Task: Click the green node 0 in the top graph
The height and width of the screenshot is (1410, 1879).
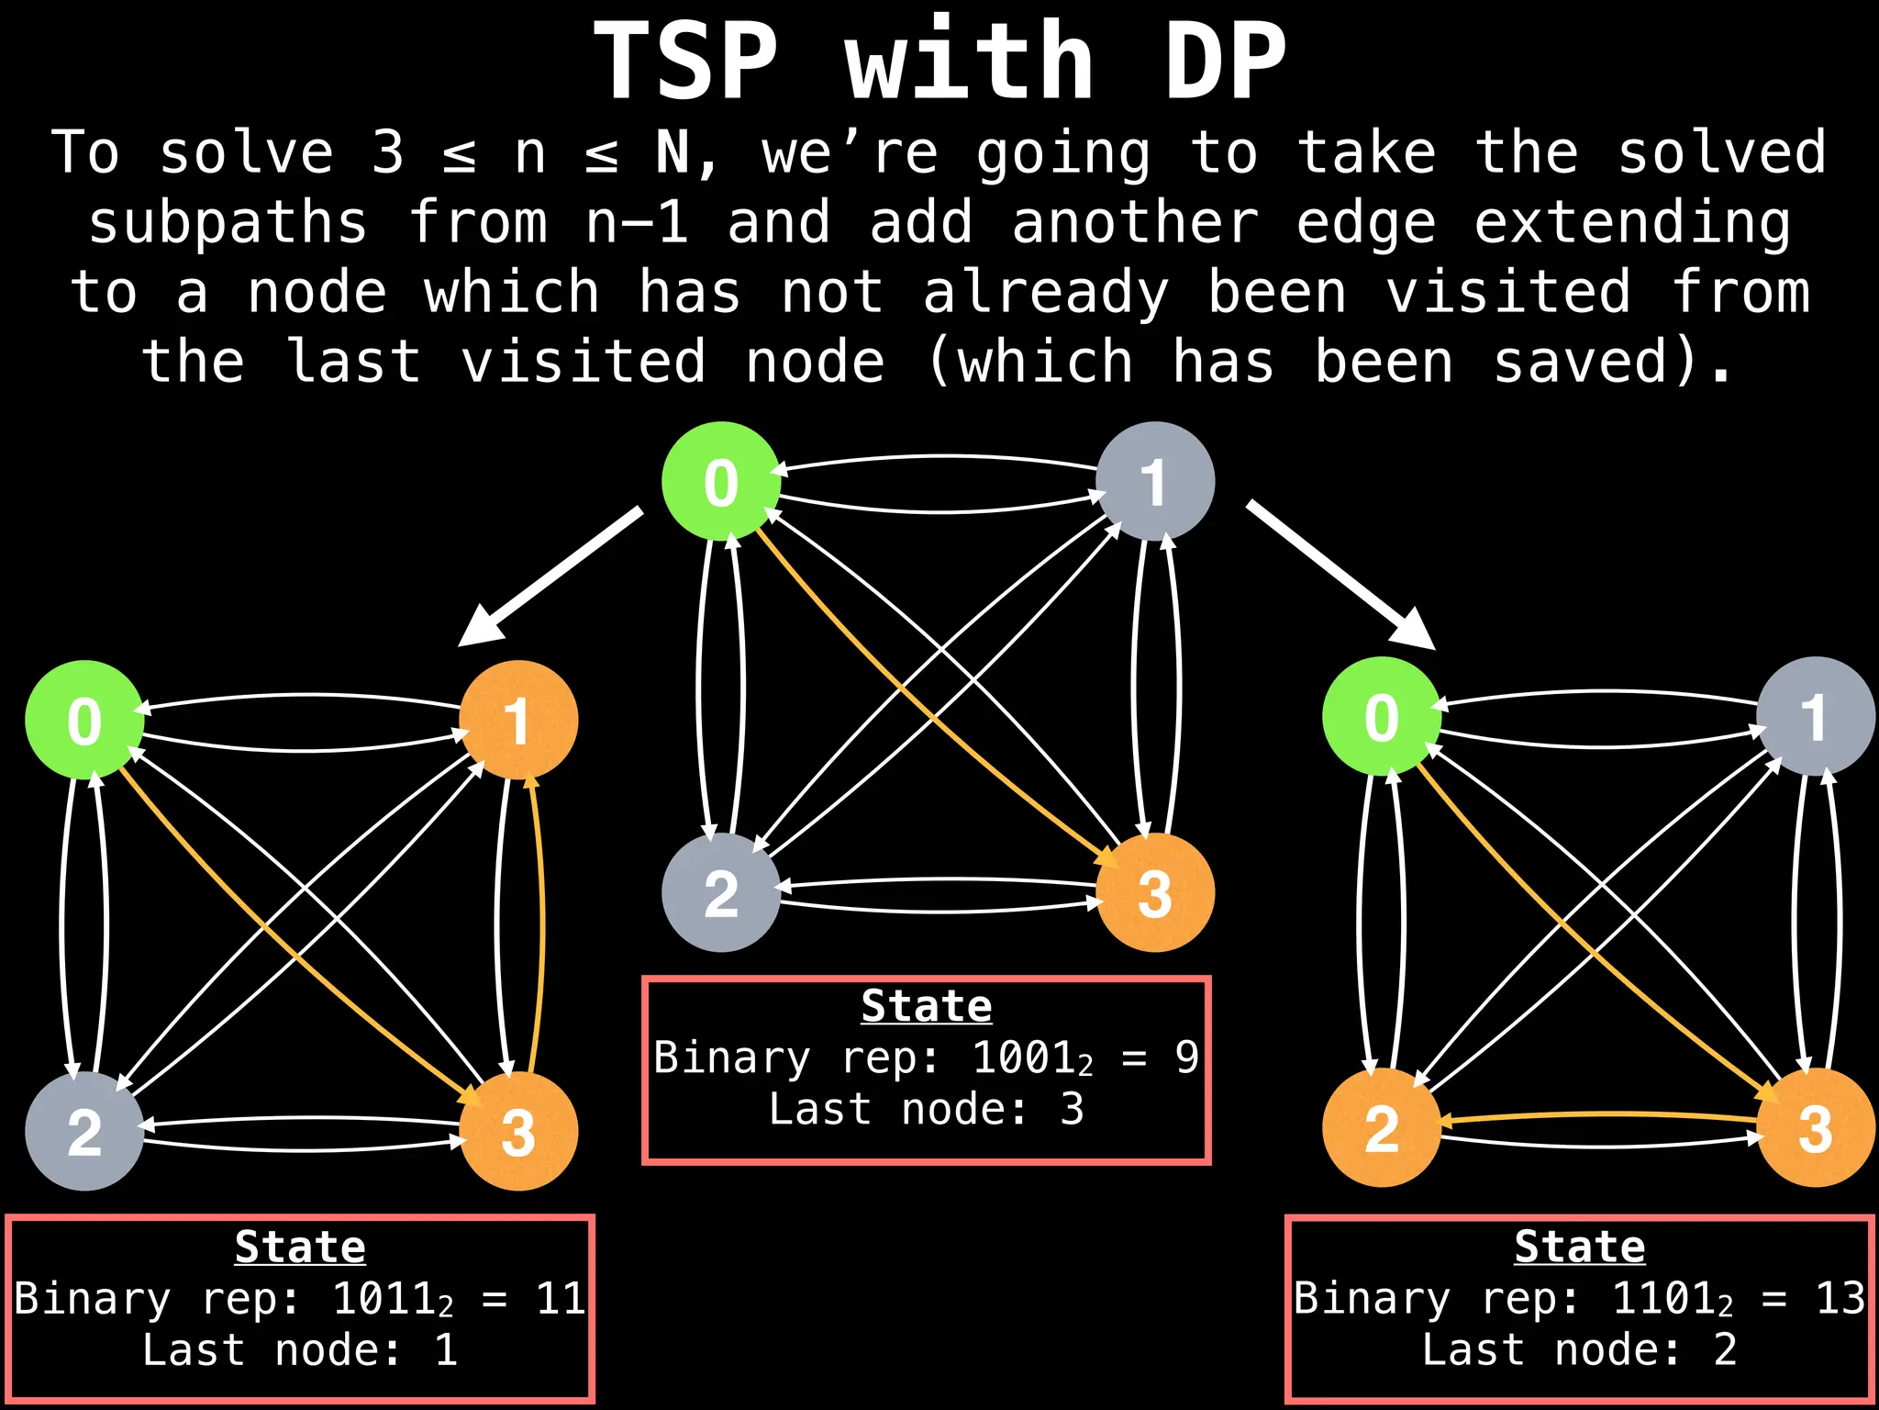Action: point(721,481)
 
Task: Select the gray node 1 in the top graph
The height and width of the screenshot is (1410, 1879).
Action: point(1155,481)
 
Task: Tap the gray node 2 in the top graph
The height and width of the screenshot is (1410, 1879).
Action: point(721,892)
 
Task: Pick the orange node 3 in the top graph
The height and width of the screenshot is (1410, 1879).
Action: point(1155,892)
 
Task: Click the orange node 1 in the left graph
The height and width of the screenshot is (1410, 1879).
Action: point(518,720)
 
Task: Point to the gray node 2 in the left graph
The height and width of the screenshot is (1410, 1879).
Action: point(84,1131)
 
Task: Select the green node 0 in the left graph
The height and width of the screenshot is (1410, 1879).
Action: point(84,720)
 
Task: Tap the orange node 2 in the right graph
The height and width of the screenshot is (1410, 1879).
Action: point(1382,1127)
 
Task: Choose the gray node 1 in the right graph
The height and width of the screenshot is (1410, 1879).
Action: point(1816,716)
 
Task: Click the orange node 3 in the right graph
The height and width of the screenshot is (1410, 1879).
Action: point(1816,1127)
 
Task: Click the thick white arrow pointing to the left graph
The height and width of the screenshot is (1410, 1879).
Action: point(550,576)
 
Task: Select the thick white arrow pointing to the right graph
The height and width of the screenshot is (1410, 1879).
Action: point(1340,575)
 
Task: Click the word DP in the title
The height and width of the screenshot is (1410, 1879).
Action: point(1226,62)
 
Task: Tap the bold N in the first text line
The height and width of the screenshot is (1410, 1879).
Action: point(673,152)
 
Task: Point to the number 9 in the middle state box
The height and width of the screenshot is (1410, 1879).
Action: point(1186,1057)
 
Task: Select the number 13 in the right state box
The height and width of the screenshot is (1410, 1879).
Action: point(1840,1298)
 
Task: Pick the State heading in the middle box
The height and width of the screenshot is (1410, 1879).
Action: point(927,1006)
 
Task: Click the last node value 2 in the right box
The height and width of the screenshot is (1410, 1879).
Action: point(1725,1349)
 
